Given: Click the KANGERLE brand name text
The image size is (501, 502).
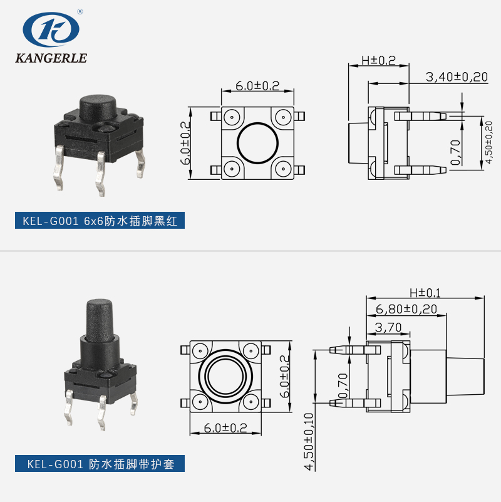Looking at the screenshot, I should coord(50,58).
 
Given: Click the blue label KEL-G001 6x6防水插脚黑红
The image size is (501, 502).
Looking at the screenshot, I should coord(100,221).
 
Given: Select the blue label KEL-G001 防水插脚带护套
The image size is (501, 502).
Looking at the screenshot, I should coord(100,464).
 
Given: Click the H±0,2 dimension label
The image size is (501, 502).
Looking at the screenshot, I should coord(379,61).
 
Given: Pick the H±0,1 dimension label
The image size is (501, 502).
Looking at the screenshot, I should coord(425,293).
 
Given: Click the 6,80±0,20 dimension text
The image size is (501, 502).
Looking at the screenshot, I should coord(406,309).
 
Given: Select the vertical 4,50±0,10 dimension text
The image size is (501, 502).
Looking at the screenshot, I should coord(308,441).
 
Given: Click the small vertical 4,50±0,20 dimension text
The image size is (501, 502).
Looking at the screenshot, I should coord(489,142).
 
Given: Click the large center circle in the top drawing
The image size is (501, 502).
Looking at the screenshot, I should coord(257,143).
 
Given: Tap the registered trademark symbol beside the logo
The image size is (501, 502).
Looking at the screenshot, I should coord(80,11).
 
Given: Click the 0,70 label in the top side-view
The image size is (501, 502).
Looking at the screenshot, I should coord(455,151).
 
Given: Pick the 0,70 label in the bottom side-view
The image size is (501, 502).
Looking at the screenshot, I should coord(341,385).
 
